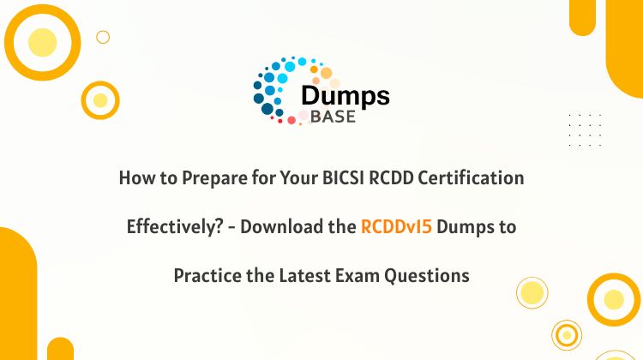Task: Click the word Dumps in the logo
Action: [346, 97]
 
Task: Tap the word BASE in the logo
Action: [333, 117]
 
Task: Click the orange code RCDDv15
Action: [396, 226]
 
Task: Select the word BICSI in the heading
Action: [343, 178]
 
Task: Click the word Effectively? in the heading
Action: [175, 227]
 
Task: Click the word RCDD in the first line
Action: [391, 178]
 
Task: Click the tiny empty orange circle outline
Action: [103, 31]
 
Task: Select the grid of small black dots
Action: [586, 130]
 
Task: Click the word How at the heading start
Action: [133, 178]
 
